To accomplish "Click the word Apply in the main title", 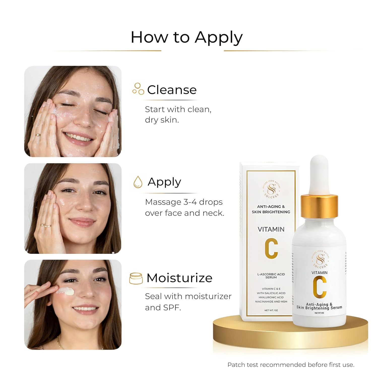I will (218, 38).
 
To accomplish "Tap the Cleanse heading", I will (172, 90).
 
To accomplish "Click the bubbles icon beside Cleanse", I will (138, 89).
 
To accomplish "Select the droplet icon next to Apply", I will (138, 182).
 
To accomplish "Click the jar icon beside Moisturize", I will (136, 278).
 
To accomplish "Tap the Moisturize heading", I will (179, 278).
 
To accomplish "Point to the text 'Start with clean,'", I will (178, 109).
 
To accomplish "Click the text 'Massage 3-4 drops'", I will (184, 202).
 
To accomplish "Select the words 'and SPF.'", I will (163, 307).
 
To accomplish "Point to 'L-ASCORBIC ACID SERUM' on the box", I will (271, 276).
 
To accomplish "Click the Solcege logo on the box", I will (271, 189).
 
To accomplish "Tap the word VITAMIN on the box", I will (271, 229).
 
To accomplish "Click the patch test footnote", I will (291, 365).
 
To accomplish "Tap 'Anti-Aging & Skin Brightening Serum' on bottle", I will (319, 306).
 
